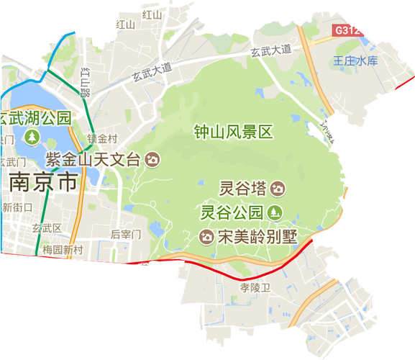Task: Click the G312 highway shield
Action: [347, 31]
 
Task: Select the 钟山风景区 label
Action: [234, 132]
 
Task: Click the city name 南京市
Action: [43, 183]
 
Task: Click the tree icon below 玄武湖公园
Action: [32, 135]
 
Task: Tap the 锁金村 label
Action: [101, 138]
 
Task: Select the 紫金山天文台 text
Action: [94, 159]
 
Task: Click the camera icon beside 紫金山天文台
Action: [152, 159]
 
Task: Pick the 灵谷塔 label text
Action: [243, 189]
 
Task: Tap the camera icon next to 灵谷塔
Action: [278, 189]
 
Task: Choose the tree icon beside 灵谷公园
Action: [275, 212]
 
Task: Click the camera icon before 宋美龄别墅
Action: [206, 236]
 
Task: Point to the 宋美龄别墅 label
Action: [257, 236]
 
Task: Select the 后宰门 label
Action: [126, 234]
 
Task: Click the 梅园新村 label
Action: [63, 249]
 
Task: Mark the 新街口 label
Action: [18, 207]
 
